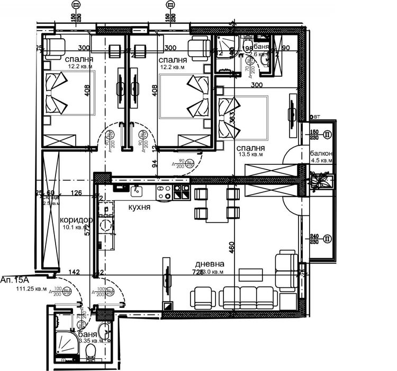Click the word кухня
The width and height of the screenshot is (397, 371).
point(140,207)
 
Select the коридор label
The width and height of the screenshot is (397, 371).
point(76,220)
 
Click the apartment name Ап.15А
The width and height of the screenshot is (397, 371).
point(14,279)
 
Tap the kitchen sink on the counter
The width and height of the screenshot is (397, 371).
point(136,190)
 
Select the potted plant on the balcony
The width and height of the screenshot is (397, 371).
point(320,182)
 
